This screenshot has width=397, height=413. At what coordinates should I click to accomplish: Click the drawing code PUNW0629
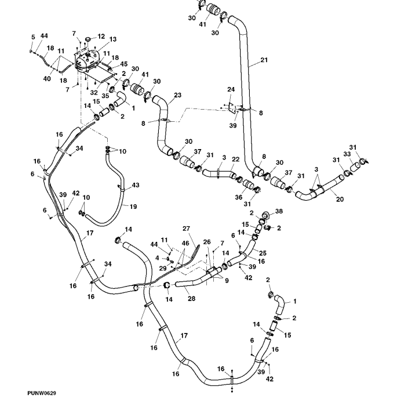pyautogui.click(x=41, y=393)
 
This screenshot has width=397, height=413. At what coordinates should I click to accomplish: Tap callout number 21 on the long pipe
pyautogui.click(x=265, y=60)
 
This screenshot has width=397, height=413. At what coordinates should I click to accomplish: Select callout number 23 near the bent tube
pyautogui.click(x=177, y=95)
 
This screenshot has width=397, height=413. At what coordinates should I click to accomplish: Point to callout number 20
pyautogui.click(x=340, y=199)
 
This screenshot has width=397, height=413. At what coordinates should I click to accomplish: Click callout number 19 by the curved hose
pyautogui.click(x=133, y=206)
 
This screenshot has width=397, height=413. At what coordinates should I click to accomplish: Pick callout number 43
pyautogui.click(x=136, y=185)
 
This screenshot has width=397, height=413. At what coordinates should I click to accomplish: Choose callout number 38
pyautogui.click(x=279, y=211)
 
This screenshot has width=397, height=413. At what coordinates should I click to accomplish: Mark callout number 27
pyautogui.click(x=186, y=229)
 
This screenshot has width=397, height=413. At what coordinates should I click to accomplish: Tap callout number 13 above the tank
pyautogui.click(x=112, y=39)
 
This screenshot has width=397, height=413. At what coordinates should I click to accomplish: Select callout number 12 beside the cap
pyautogui.click(x=101, y=37)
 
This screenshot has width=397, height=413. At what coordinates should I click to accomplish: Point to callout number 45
pyautogui.click(x=123, y=64)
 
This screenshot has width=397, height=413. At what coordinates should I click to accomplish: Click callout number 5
pyautogui.click(x=33, y=37)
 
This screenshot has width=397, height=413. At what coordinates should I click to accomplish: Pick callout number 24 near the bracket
pyautogui.click(x=231, y=89)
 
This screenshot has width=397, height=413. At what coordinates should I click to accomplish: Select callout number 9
pyautogui.click(x=227, y=281)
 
